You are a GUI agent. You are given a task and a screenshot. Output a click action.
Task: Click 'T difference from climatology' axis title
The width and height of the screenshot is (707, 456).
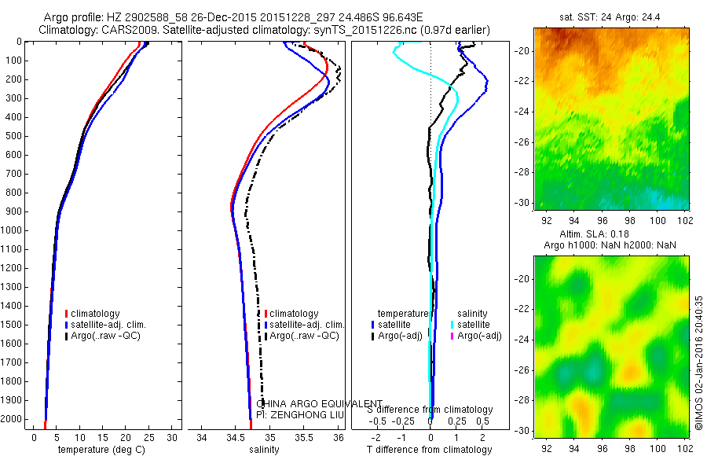(x=430, y=450)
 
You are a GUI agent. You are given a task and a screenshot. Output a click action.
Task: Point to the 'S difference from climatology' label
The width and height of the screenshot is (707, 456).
(x=430, y=410)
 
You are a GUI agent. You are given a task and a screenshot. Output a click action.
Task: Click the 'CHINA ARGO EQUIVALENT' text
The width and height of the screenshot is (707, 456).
(x=320, y=403)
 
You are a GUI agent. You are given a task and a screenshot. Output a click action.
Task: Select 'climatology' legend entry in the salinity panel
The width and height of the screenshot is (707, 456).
(x=293, y=314)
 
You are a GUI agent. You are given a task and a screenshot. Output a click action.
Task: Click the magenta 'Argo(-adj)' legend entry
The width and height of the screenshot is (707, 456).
(x=479, y=336)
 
